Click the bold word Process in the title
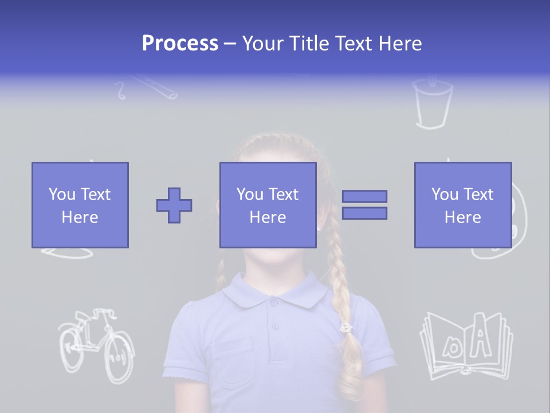[x=180, y=44]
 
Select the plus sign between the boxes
[x=174, y=205]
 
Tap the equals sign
[x=364, y=205]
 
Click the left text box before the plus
[x=80, y=205]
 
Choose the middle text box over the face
[x=268, y=205]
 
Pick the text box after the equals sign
[x=462, y=205]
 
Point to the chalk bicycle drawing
[x=96, y=345]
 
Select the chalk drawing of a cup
[x=432, y=104]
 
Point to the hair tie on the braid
[x=346, y=328]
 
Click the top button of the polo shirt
[x=274, y=303]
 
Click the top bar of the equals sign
[x=364, y=197]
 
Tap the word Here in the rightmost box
[x=462, y=217]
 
